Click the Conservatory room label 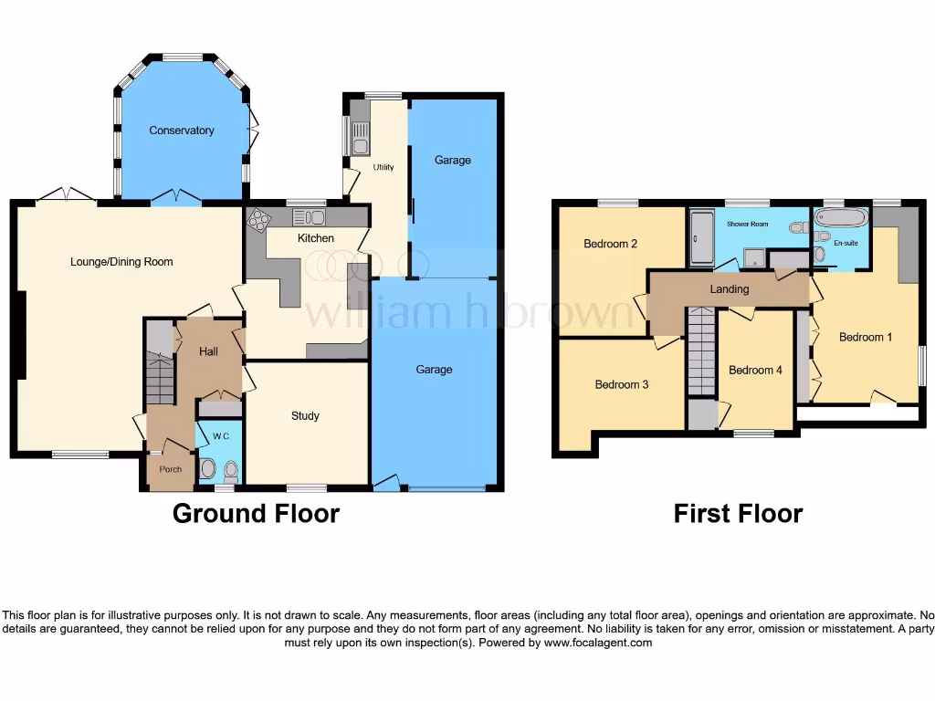pyautogui.click(x=182, y=131)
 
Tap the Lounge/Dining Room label pyautogui.click(x=121, y=262)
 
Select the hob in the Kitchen pyautogui.click(x=259, y=219)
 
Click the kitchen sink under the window pyautogui.click(x=310, y=217)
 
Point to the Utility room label pyautogui.click(x=383, y=168)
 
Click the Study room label pyautogui.click(x=305, y=416)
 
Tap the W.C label pyautogui.click(x=219, y=435)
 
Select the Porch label pyautogui.click(x=171, y=469)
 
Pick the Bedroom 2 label pyautogui.click(x=610, y=244)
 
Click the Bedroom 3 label pyautogui.click(x=622, y=384)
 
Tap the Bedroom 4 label pyautogui.click(x=755, y=370)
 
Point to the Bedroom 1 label pyautogui.click(x=866, y=337)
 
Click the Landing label pyautogui.click(x=730, y=289)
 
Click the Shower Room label pyautogui.click(x=747, y=224)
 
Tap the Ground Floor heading pyautogui.click(x=256, y=514)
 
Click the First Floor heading pyautogui.click(x=738, y=514)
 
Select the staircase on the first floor pyautogui.click(x=701, y=351)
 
